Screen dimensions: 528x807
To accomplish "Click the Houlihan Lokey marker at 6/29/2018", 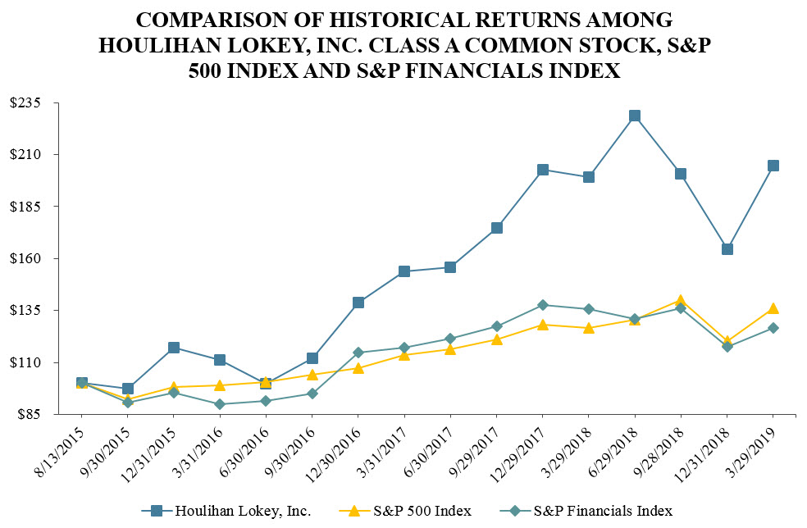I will coord(634,116).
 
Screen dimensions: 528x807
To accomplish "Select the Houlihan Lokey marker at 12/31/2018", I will coord(727,249).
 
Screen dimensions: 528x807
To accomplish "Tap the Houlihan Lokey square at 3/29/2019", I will coord(773,166).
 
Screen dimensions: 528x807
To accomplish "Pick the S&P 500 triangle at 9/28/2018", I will coord(681,301).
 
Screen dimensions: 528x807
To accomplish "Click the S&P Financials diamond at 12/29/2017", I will coord(542,305).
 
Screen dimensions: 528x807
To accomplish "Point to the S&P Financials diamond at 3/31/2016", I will coord(220,404).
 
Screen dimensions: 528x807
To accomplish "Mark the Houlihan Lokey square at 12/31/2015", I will coord(174,348).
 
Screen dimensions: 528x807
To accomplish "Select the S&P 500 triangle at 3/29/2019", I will coord(773,308).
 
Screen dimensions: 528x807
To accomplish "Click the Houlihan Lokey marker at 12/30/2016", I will coord(358,303).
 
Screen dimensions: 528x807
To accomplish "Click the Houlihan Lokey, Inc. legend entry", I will coord(243,511).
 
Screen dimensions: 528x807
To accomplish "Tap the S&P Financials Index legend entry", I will coord(602,511).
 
